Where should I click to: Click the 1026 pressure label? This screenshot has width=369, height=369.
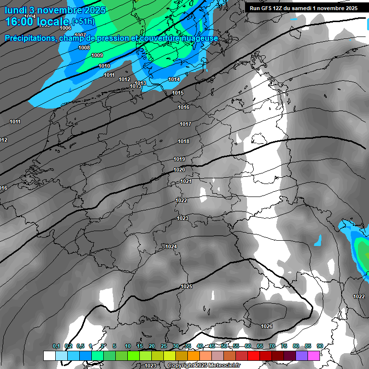pos(267,326)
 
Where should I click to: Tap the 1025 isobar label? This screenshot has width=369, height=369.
pos(186,286)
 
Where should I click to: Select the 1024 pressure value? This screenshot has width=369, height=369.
pos(171,246)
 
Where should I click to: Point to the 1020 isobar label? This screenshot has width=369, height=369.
pos(179,170)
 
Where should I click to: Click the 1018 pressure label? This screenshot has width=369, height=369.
pos(184,141)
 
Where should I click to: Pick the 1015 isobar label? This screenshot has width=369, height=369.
pos(178,93)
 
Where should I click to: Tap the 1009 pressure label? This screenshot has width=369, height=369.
pos(97,55)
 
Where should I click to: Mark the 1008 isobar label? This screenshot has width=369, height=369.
pos(84,48)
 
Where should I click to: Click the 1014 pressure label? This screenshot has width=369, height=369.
pos(174,79)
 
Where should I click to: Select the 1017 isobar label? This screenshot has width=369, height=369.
pos(185,124)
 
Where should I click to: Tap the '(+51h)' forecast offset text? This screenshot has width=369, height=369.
pos(83,22)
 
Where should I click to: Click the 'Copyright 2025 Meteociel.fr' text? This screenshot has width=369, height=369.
pos(204,366)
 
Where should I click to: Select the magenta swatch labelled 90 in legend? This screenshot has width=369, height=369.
pos(314,356)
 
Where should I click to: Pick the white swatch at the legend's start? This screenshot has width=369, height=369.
pos(49,356)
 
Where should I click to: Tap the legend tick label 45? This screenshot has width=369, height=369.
pos(212,346)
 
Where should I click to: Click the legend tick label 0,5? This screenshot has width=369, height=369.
pos(80,346)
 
